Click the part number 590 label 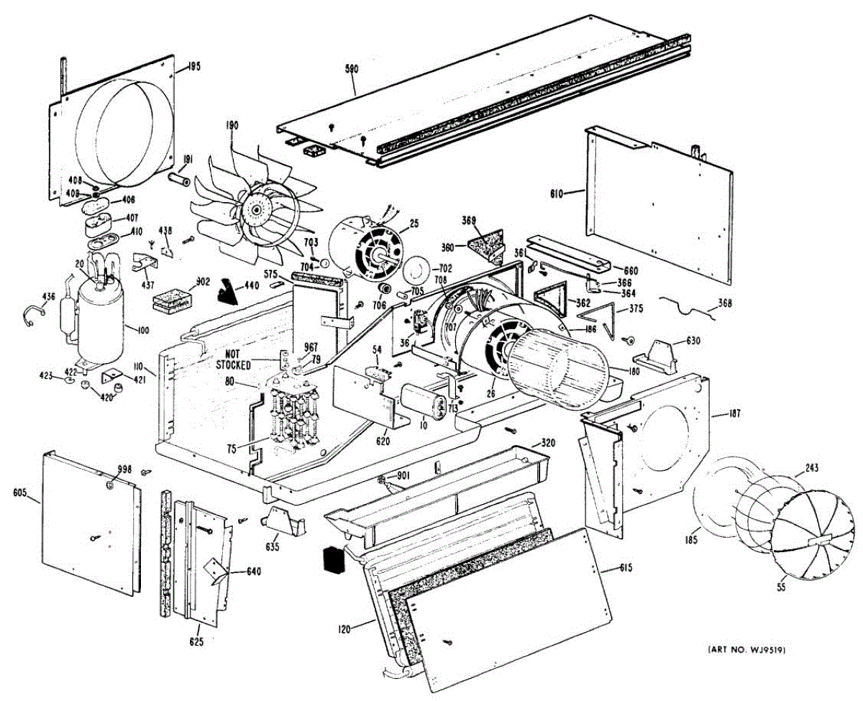pos(352,70)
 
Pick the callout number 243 pos(811,469)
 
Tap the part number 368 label pos(724,303)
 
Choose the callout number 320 pos(549,444)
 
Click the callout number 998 pos(125,469)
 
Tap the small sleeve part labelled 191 pos(178,177)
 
